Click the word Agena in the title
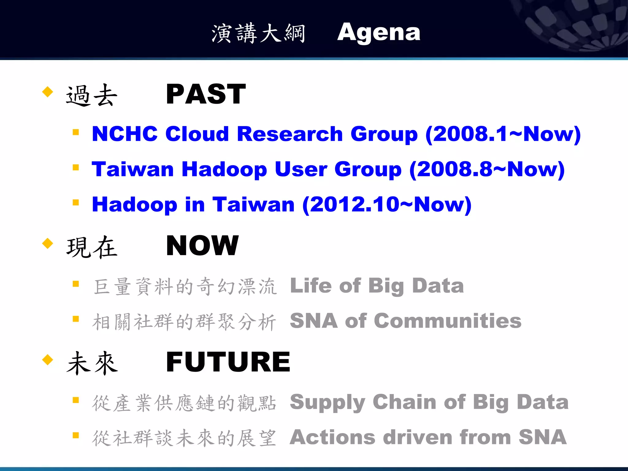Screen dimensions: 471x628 tap(379, 33)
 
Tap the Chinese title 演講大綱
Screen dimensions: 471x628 tap(258, 33)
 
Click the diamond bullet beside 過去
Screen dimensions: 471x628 tap(48, 92)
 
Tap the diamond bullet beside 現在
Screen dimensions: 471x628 tap(48, 243)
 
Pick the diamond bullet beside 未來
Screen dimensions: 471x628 tap(48, 359)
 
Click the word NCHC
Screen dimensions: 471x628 tap(124, 134)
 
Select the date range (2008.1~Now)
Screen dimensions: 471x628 tap(503, 134)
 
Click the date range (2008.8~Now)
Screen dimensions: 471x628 tap(487, 169)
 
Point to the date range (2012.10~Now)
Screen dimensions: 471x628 tap(387, 205)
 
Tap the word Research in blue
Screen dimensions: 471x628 tap(290, 134)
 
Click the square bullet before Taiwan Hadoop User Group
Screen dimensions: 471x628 tap(76, 167)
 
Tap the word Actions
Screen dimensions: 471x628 tap(332, 437)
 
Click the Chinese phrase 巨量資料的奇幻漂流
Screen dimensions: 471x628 tap(185, 286)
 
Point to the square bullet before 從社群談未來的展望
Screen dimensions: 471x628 tap(76, 435)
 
